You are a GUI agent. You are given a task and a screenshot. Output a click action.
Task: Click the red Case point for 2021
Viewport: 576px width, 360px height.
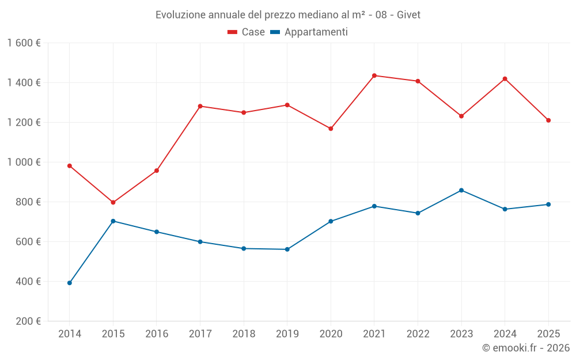(374, 75)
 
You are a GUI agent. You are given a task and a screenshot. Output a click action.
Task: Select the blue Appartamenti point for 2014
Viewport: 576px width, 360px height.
(70, 283)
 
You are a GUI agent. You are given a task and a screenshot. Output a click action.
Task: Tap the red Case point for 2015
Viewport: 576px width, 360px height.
(113, 203)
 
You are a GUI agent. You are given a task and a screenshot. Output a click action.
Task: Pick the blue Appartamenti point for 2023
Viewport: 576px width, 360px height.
(461, 190)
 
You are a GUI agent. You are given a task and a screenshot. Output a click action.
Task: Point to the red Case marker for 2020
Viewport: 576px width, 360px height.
(331, 128)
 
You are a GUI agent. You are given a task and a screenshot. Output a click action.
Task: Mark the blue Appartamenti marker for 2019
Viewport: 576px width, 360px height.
(287, 249)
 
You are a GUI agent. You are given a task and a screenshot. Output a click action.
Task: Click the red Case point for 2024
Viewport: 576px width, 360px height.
(505, 79)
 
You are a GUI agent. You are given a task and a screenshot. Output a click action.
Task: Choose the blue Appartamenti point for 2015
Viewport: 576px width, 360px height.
(113, 221)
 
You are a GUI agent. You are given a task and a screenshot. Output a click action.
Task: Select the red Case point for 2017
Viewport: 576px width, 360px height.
(200, 106)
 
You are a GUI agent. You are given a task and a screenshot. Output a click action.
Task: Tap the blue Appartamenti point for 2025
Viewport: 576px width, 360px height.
(548, 204)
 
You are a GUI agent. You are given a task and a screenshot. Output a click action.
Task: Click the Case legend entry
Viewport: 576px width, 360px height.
(247, 32)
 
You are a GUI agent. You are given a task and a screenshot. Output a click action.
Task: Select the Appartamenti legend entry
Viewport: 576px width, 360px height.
(309, 32)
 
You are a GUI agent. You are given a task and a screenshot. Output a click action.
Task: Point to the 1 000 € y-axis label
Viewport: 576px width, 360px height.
(24, 162)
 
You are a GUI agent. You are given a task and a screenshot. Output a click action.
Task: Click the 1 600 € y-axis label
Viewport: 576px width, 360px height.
(24, 43)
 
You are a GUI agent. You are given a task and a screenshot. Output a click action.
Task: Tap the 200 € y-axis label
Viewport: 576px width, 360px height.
(28, 321)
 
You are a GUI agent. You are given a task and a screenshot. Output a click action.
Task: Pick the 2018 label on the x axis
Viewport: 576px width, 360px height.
(244, 334)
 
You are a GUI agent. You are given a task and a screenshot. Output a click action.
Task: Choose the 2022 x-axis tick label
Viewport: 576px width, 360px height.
(418, 334)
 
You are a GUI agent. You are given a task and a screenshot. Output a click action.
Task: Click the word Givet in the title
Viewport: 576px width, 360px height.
(408, 14)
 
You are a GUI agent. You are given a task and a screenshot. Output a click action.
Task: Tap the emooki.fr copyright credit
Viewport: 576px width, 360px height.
(526, 348)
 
